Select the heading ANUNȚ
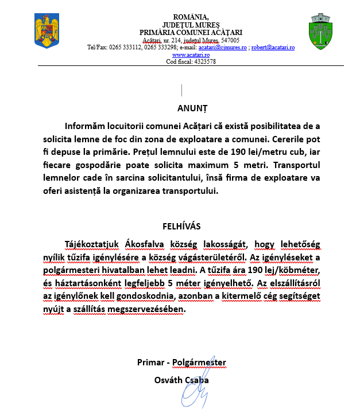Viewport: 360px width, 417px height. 191,107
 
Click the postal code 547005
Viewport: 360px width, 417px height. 230,40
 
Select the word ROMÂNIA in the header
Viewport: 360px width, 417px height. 190,17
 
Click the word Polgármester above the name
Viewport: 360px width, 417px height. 199,363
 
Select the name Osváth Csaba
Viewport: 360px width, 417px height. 181,380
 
